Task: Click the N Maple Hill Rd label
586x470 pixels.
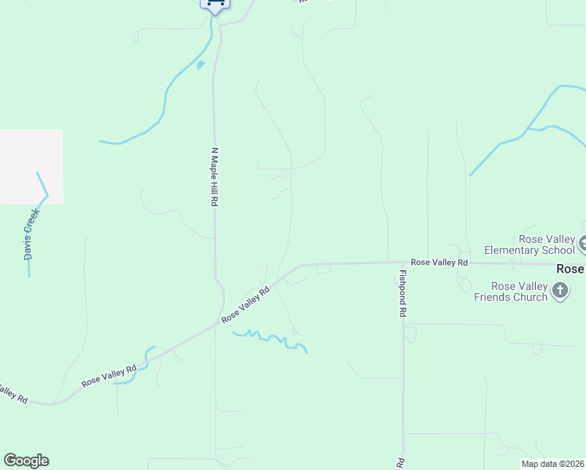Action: [214, 176]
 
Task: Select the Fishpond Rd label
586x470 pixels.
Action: [403, 293]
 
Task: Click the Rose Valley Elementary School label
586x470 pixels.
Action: [530, 244]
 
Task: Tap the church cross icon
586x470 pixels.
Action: [559, 291]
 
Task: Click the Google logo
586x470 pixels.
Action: [26, 461]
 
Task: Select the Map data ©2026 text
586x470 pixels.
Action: [552, 464]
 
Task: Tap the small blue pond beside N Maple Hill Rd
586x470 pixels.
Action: [201, 65]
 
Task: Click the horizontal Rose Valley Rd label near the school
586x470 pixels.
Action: [439, 262]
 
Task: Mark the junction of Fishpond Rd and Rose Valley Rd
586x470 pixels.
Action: [403, 264]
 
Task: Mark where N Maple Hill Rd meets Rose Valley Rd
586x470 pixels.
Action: [219, 321]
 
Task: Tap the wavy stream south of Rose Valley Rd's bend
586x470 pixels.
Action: [270, 339]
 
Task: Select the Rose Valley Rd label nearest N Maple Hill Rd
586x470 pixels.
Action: [245, 305]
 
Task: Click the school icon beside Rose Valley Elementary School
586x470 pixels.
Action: [583, 244]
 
